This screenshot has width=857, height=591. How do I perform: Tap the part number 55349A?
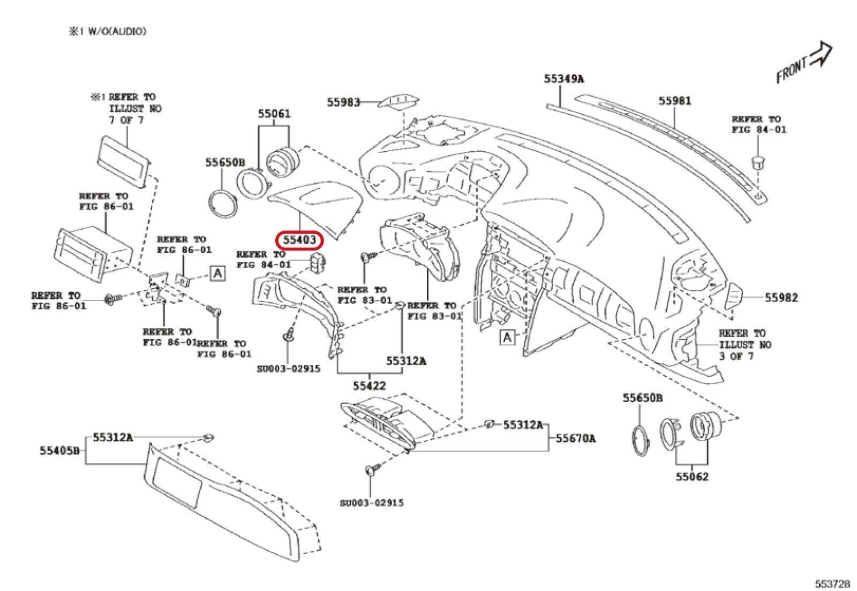(563, 79)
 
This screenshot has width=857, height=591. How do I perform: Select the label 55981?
(675, 101)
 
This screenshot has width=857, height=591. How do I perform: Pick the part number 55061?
(274, 113)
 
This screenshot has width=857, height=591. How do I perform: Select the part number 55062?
(691, 476)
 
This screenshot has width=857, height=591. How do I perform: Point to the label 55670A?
(575, 438)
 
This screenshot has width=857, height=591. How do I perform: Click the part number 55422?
(369, 385)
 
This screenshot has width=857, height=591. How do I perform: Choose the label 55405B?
(59, 451)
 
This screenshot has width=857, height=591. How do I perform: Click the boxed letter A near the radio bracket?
(217, 274)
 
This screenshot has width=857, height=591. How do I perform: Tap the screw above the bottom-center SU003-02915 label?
(370, 471)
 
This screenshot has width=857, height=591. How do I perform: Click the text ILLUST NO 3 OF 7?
(745, 350)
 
